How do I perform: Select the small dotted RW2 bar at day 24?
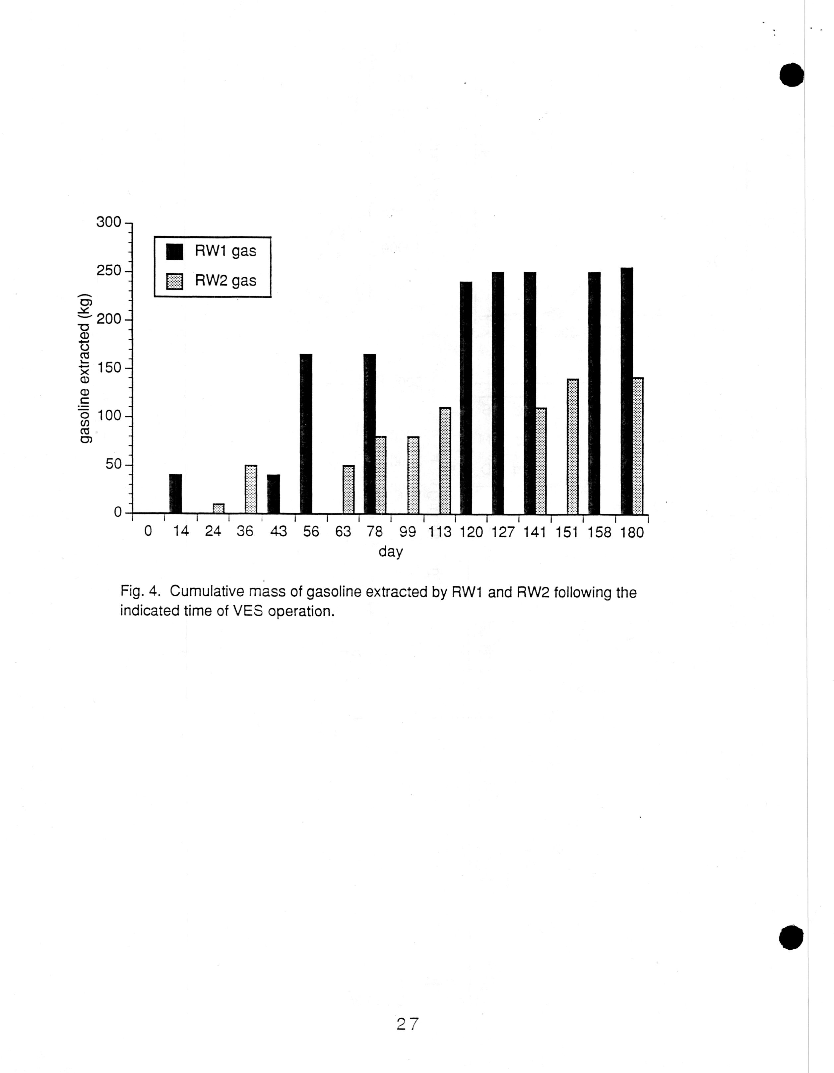219,508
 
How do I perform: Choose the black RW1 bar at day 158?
594,393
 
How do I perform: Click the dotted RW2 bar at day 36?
250,489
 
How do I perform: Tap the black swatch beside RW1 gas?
174,251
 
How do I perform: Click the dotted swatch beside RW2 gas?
174,282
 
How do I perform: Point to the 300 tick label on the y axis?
108,223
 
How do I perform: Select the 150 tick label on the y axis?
108,368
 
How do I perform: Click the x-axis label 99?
407,532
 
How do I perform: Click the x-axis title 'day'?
391,552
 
